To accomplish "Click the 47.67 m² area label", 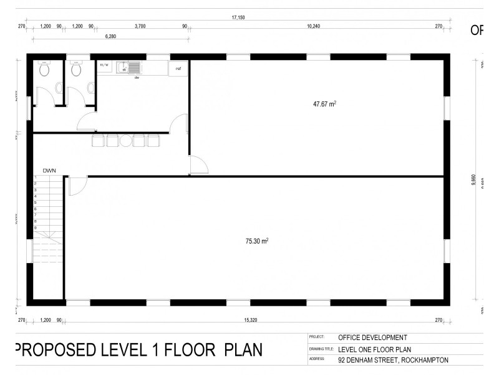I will click(325, 104).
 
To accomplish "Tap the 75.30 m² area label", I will click(256, 240).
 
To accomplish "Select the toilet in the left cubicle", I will click(44, 70).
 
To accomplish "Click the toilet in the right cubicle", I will click(76, 70).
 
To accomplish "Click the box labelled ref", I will click(178, 68).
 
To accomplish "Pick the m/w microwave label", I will click(104, 64).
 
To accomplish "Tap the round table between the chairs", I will click(125, 141).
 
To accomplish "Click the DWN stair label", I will click(50, 170).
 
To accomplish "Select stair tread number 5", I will click(36, 202).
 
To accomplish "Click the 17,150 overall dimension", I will click(238, 17).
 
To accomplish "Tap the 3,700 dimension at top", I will click(140, 26).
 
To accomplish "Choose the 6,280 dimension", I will click(110, 37).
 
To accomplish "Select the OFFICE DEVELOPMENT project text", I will click(372, 337).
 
